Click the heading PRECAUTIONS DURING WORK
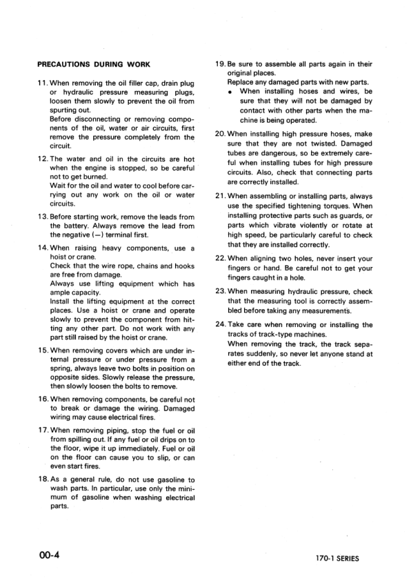(93, 65)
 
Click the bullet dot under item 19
(230, 92)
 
